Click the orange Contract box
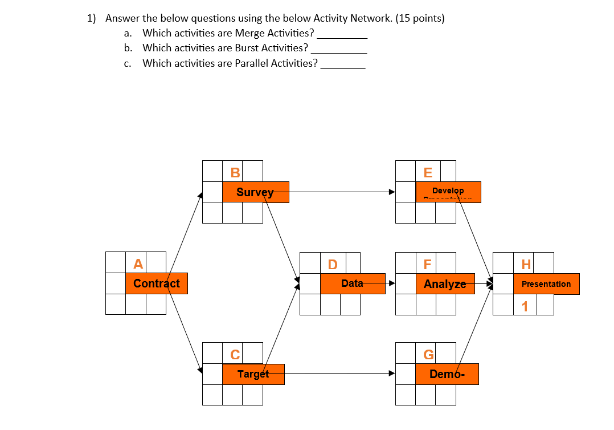point(156,283)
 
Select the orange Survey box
point(255,192)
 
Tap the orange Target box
point(253,374)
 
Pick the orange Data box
point(353,283)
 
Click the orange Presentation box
point(546,284)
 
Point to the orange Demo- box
point(447,374)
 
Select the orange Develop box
point(448,192)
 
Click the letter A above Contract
point(138,263)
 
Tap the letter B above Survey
point(235,172)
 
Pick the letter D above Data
point(333,264)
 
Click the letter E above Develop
point(428,172)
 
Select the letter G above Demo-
point(428,354)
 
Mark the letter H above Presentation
point(526,264)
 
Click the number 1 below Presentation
point(525,307)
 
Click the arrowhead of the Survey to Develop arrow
point(392,192)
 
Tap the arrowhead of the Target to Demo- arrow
point(392,374)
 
